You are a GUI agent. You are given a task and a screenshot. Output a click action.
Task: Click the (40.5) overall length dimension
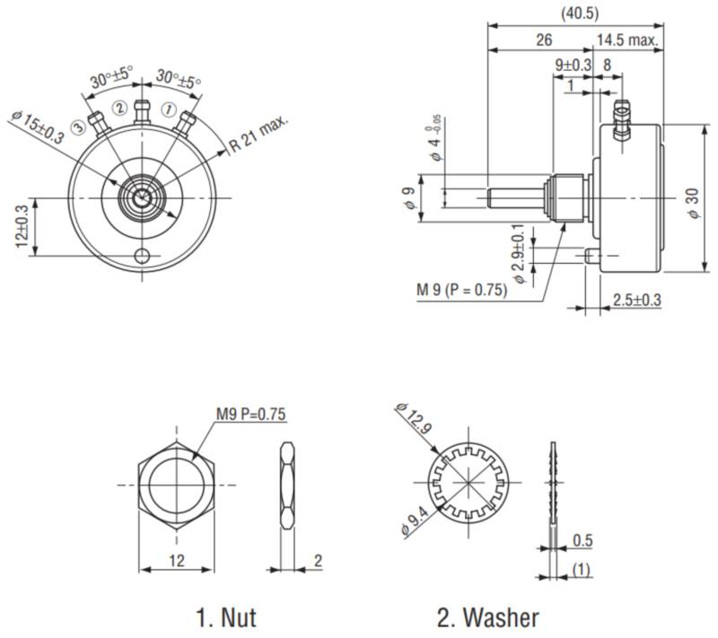[x=579, y=13]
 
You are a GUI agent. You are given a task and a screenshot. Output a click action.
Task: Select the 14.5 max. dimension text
[x=627, y=40]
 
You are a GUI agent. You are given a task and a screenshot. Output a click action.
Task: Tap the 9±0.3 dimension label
[x=574, y=65]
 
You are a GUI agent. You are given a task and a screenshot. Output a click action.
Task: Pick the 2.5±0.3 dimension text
[x=636, y=299]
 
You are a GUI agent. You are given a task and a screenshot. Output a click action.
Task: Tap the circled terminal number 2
[x=118, y=109]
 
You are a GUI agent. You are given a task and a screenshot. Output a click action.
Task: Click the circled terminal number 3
[x=79, y=127]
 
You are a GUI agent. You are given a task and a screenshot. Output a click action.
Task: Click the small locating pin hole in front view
[x=142, y=257]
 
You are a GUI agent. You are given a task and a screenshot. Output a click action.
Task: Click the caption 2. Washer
[x=488, y=617]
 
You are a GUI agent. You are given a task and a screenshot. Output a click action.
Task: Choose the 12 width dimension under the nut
[x=177, y=560]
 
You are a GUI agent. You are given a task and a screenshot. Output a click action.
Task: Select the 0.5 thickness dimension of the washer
[x=582, y=540]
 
